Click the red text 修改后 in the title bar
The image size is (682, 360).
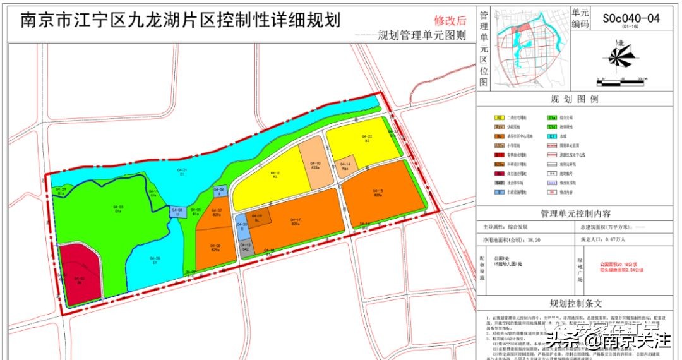450,20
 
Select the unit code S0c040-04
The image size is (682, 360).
630,18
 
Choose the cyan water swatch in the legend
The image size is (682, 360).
552,136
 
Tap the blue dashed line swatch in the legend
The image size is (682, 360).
552,181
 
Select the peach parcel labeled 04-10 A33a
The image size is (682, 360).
315,165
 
